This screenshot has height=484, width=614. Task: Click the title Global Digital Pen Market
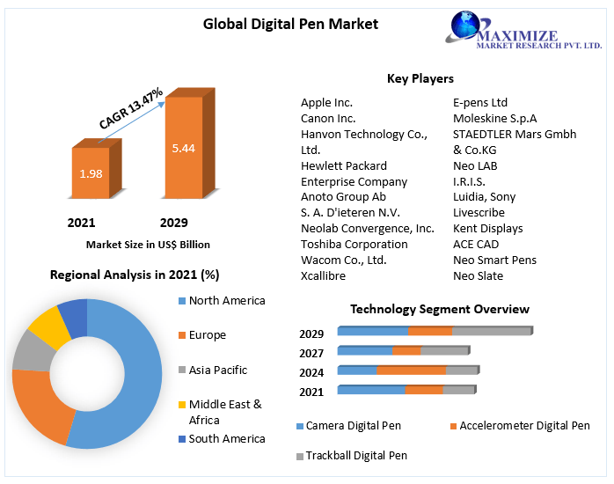click(290, 24)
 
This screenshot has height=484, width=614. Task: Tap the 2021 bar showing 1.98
click(91, 173)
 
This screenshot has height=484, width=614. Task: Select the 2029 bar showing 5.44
click(183, 147)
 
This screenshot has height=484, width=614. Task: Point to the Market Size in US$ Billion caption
click(148, 244)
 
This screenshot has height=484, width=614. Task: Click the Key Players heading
click(420, 79)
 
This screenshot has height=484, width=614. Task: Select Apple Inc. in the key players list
click(326, 103)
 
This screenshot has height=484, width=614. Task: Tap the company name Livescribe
click(479, 213)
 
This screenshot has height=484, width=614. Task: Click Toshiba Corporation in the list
click(342, 245)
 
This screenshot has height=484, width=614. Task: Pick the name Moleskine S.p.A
click(494, 119)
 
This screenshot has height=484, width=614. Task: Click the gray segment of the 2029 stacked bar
click(492, 332)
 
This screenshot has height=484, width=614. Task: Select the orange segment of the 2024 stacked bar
click(411, 370)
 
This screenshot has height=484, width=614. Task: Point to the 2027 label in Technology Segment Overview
click(311, 352)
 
